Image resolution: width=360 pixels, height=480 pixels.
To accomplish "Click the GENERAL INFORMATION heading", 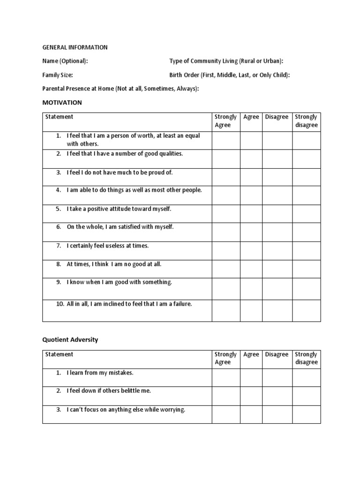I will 75,47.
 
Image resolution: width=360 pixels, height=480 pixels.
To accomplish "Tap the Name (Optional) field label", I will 65,61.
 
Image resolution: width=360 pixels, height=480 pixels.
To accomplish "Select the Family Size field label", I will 58,75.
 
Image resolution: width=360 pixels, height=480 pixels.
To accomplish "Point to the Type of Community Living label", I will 226,61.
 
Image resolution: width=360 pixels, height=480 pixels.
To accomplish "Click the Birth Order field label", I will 230,75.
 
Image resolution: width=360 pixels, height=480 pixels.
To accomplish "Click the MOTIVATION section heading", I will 62,102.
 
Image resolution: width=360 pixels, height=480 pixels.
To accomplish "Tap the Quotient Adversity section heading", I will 70,340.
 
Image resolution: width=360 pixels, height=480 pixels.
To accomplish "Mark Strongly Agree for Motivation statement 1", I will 226,140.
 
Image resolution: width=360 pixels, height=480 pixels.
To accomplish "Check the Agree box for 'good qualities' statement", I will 251,159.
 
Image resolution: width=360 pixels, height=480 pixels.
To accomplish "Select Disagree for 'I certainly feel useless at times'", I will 277,251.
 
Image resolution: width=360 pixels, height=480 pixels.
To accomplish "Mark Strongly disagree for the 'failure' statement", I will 307,310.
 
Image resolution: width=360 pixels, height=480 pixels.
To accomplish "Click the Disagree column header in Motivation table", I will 277,117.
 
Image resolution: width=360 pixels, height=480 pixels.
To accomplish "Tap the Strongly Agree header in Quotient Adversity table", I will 226,358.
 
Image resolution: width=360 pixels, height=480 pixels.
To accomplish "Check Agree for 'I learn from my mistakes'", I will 251,378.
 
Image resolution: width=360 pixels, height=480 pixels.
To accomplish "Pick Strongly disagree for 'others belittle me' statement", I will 307,396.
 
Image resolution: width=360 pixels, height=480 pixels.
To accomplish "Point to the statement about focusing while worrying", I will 126,410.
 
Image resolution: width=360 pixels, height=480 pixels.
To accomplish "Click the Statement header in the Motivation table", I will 59,117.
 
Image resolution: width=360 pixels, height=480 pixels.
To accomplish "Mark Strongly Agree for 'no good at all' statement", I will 226,269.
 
